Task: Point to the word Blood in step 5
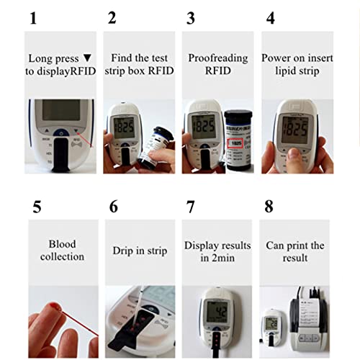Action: click(x=62, y=244)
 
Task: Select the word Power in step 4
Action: click(x=276, y=57)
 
